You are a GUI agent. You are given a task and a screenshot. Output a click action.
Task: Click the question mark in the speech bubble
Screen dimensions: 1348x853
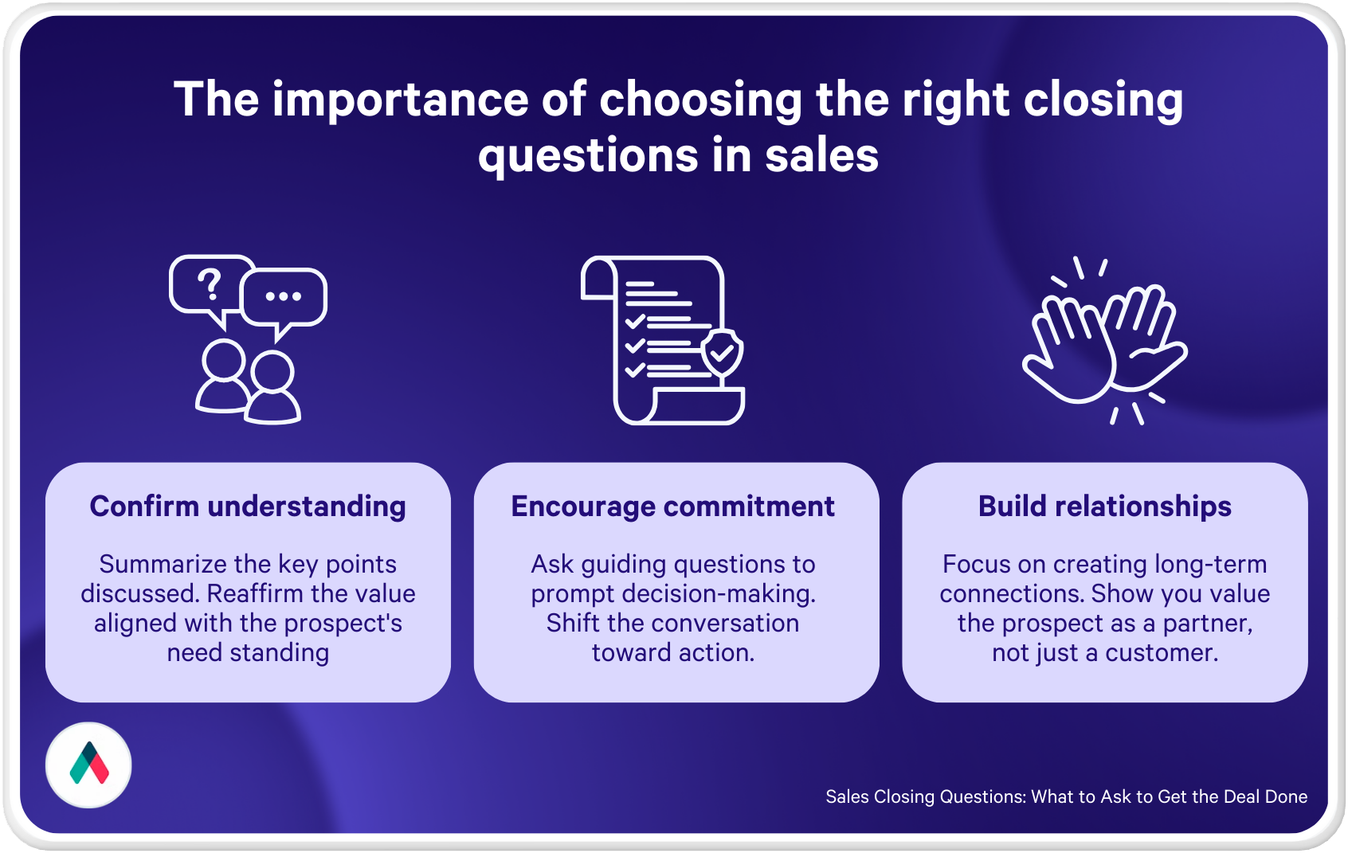coord(210,285)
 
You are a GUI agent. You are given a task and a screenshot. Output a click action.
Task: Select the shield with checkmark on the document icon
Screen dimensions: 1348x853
coord(722,353)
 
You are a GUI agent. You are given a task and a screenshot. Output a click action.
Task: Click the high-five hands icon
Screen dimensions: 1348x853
coord(1105,341)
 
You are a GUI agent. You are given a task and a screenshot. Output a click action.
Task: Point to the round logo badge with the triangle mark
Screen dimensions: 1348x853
coord(88,765)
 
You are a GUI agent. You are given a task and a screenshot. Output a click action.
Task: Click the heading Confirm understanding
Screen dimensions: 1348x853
coord(248,506)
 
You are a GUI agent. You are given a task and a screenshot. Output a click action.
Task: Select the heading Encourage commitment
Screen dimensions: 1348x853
coord(672,506)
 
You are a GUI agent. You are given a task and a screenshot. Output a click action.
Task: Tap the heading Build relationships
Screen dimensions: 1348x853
coord(1105,506)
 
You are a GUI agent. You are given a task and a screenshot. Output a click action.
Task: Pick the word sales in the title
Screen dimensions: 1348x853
coord(821,155)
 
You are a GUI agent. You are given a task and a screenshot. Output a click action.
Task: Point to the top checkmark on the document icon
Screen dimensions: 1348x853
coord(635,321)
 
